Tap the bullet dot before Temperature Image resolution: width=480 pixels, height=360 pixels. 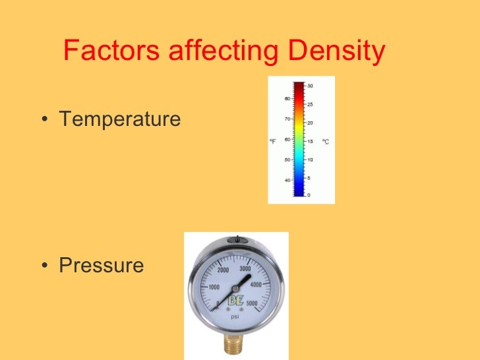[44, 121]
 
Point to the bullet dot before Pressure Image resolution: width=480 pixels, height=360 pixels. [44, 267]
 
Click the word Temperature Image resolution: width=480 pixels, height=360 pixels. [120, 119]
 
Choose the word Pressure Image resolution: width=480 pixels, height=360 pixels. [102, 266]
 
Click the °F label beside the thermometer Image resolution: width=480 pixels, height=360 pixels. [273, 140]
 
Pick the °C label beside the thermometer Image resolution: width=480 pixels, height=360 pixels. [325, 140]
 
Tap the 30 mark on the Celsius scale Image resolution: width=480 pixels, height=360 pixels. [310, 86]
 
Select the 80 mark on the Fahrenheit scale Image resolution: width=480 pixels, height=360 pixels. [287, 99]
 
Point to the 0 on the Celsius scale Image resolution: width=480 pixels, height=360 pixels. [309, 195]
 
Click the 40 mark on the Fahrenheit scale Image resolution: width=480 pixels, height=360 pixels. [287, 180]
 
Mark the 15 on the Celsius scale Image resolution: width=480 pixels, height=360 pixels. [310, 140]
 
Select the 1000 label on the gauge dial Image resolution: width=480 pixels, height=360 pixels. [213, 287]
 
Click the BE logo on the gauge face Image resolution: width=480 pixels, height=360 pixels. [235, 302]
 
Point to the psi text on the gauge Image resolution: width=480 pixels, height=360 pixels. [235, 316]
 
